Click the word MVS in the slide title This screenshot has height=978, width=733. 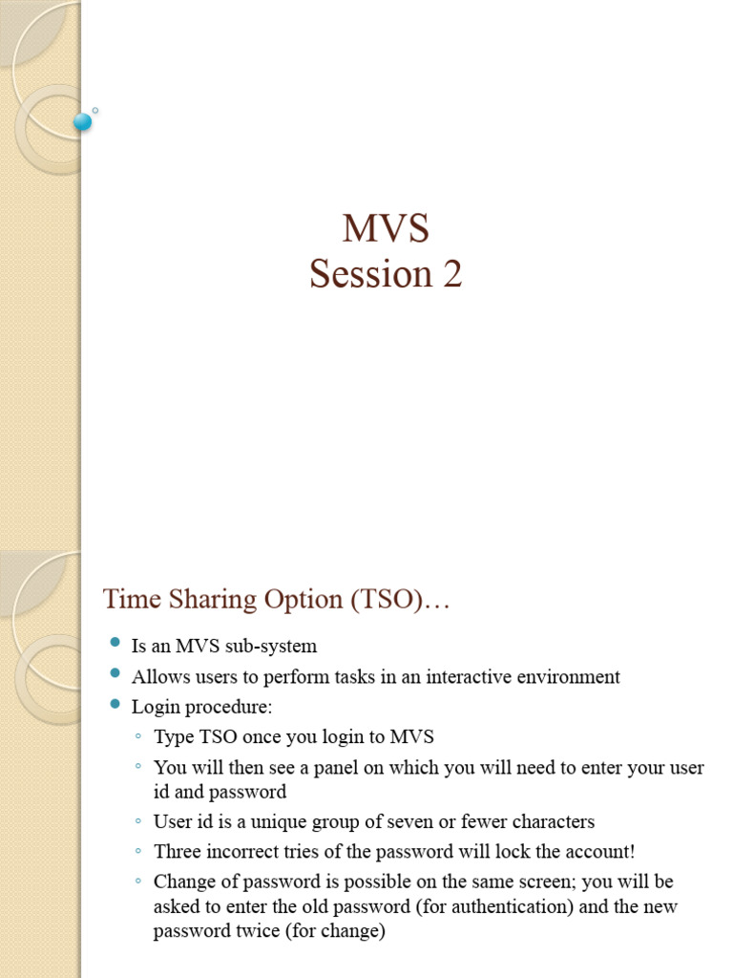[386, 229]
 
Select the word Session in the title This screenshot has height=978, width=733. [357, 274]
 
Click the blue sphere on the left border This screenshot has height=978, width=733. [83, 121]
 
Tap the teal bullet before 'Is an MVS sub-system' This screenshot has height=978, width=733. [115, 644]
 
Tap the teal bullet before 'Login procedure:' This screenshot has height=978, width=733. [115, 705]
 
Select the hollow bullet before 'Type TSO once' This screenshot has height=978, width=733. [138, 737]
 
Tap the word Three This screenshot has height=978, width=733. [178, 852]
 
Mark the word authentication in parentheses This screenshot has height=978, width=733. [503, 906]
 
